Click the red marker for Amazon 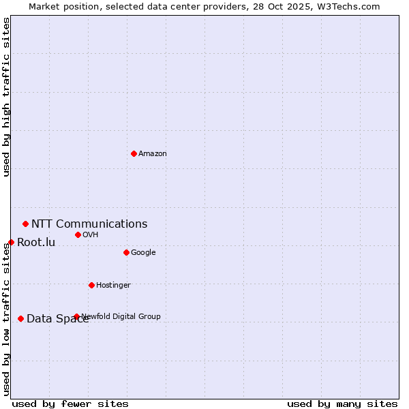(134, 153)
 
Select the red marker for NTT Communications (25, 224)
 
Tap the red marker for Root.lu (11, 242)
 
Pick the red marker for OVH (78, 234)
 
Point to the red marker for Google (126, 252)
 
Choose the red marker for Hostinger (91, 285)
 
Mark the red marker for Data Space (20, 318)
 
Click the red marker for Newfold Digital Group (76, 316)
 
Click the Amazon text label (153, 153)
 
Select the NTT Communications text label (89, 224)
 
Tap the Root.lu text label (36, 242)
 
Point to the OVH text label (91, 234)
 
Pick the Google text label (143, 252)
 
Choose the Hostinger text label (113, 285)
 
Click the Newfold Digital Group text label (121, 316)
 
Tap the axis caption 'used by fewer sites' (70, 404)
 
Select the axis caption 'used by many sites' (342, 404)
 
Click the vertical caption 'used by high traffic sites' (7, 97)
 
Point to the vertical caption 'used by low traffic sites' (7, 319)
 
